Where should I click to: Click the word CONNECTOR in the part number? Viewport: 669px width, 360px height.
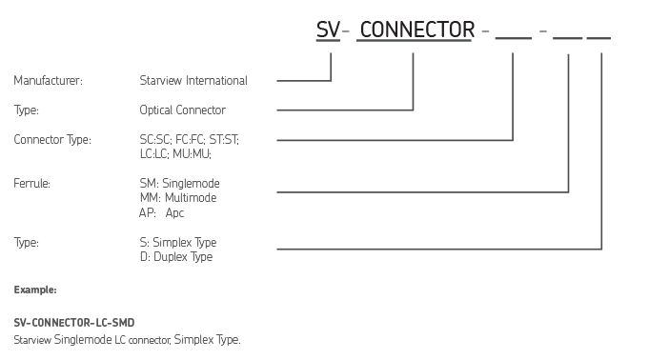coord(418,31)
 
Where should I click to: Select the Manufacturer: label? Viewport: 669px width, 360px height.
coord(49,81)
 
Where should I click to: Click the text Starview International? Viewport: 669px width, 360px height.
coord(193,81)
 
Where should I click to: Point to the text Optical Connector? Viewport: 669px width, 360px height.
coord(182,110)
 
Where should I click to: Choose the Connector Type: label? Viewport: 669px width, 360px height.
coord(52,140)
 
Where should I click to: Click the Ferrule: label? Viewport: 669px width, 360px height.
coord(32,182)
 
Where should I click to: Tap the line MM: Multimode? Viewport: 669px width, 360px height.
coord(177,197)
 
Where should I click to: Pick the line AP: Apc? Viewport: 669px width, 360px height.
coord(162,212)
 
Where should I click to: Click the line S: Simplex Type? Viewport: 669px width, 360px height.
coord(177,242)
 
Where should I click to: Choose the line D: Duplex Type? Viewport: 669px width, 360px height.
coord(175,257)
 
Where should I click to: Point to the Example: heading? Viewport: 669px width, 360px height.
coord(35,288)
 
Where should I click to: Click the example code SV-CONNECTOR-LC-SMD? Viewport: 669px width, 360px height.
coord(68,324)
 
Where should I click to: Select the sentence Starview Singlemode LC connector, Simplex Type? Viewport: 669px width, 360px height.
coord(128,339)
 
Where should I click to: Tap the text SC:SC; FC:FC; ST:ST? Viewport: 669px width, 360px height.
coord(190,140)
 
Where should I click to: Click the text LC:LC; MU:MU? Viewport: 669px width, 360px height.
coord(175,153)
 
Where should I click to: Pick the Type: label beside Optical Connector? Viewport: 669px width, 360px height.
coord(27,110)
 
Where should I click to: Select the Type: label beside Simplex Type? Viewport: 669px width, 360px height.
coord(27,242)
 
